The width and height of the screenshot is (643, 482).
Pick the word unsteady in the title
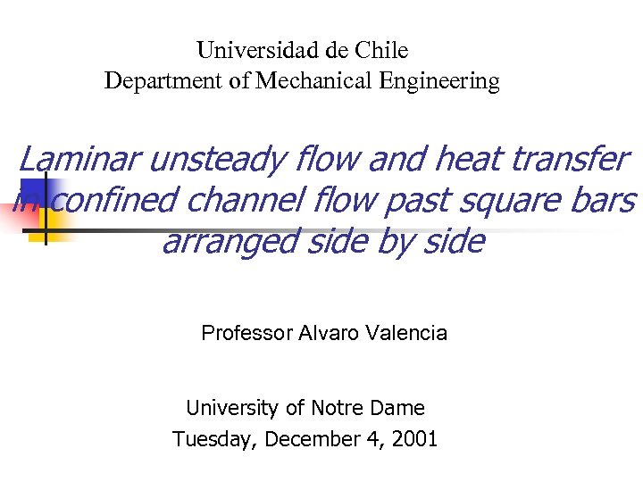click(217, 161)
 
